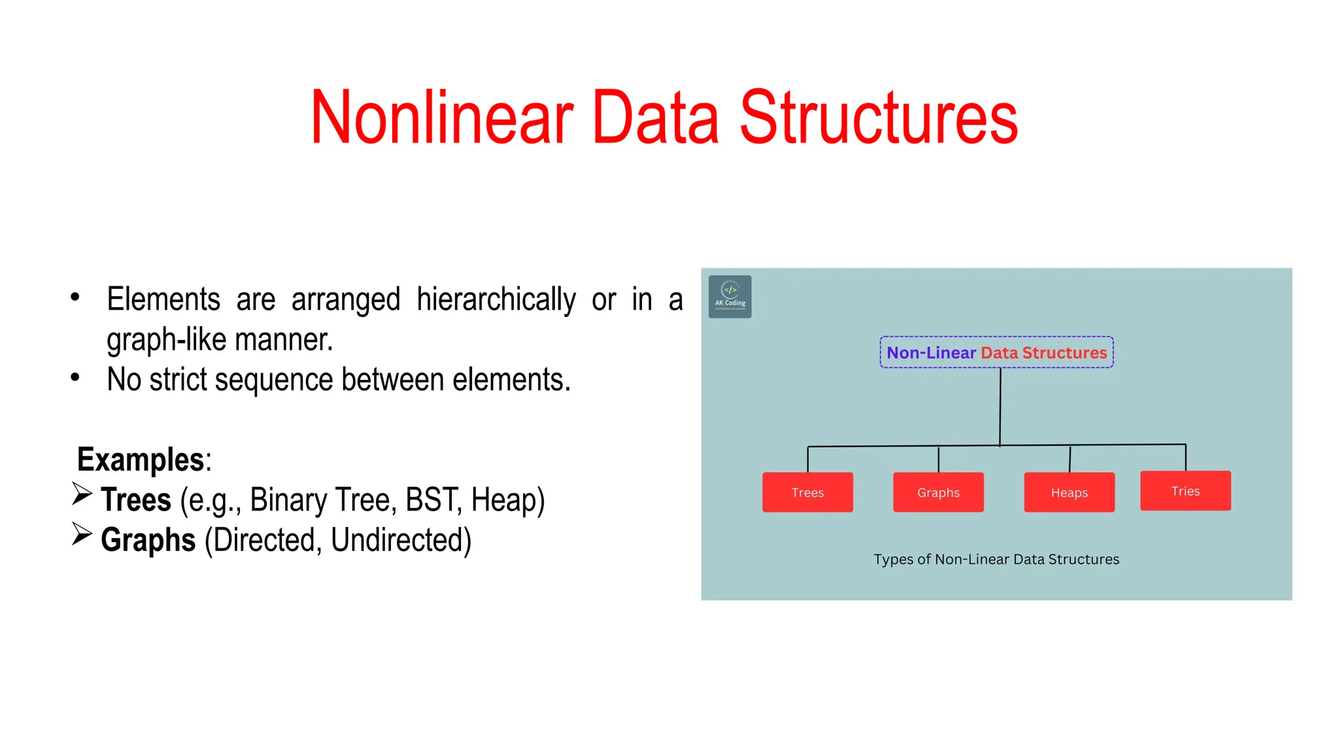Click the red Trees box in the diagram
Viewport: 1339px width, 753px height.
[x=807, y=492]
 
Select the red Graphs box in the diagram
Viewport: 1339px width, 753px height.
[x=938, y=492]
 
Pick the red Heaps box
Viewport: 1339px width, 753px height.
[x=1069, y=492]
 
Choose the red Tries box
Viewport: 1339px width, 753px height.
[x=1185, y=491]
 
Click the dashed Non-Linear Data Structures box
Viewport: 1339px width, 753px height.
[x=996, y=352]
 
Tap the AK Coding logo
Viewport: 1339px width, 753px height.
[x=730, y=297]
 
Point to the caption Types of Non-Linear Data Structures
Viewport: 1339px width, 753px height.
[x=996, y=560]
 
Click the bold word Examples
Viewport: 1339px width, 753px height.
[x=141, y=460]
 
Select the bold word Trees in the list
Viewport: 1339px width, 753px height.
[x=136, y=500]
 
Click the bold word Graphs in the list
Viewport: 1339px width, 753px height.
[x=148, y=541]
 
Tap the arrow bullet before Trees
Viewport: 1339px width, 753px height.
[x=82, y=494]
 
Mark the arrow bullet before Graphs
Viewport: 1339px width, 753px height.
[x=82, y=534]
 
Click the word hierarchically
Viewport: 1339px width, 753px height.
[x=496, y=300]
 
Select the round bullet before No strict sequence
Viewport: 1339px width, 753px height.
[x=75, y=377]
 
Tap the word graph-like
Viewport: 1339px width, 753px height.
[x=167, y=340]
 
